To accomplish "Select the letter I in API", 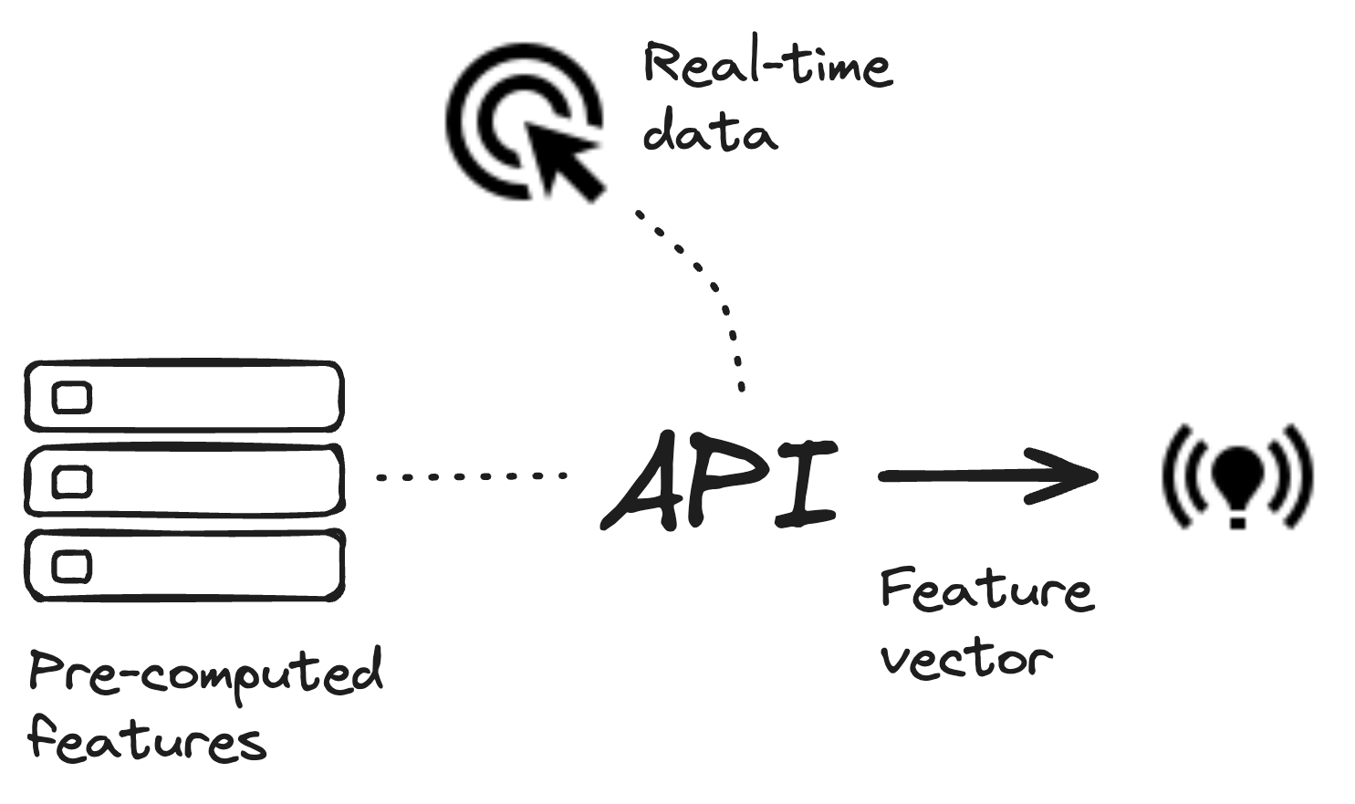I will (805, 484).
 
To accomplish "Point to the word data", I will (710, 132).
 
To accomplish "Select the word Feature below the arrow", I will (985, 590).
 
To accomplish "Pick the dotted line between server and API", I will (472, 475).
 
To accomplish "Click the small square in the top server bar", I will (72, 398).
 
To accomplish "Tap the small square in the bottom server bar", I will (72, 566).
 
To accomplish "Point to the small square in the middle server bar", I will (72, 482).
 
